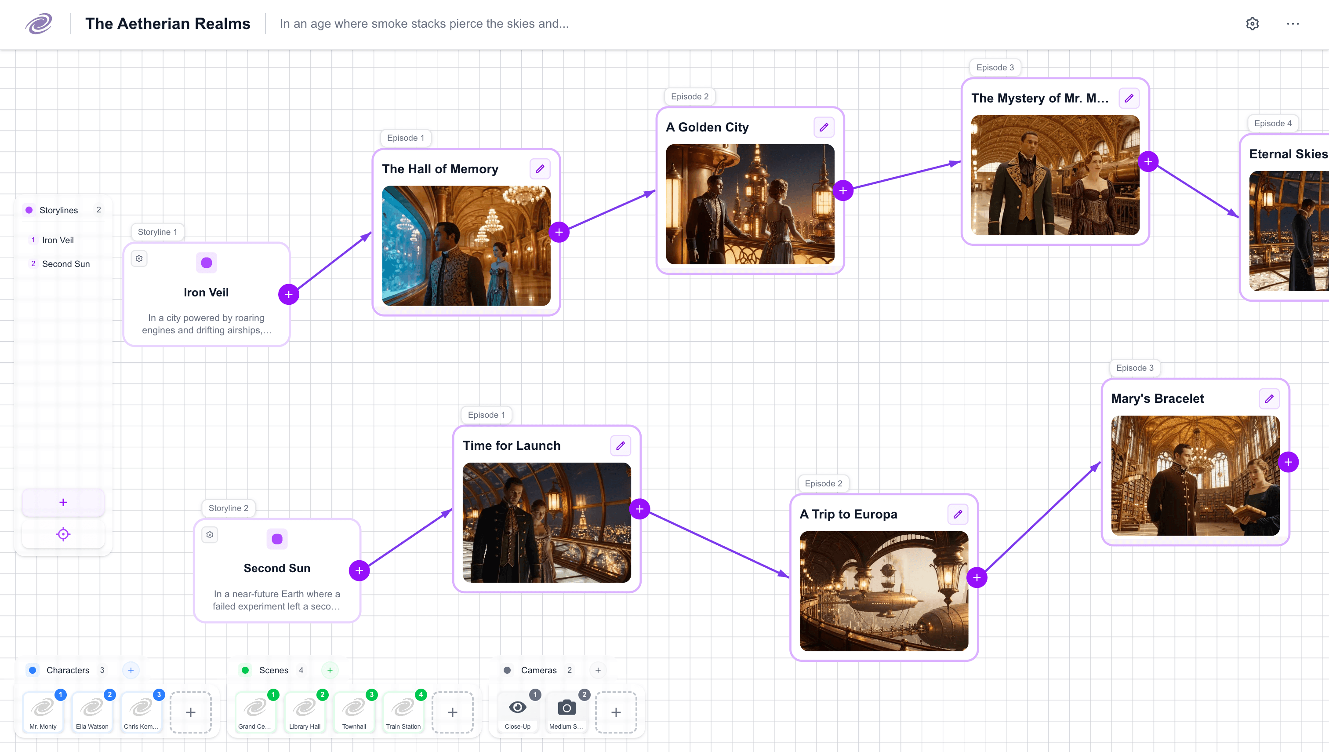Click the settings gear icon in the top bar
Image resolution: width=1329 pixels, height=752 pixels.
pos(1252,24)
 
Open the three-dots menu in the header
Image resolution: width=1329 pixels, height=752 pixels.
pos(1293,24)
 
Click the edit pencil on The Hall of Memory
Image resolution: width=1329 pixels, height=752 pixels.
pos(540,169)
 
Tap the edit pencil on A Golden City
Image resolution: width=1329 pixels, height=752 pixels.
pos(824,127)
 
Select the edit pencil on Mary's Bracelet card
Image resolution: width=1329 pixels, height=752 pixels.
pos(1269,399)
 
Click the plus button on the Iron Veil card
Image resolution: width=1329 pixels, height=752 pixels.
pos(288,294)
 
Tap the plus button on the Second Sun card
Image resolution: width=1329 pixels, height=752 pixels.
pos(359,571)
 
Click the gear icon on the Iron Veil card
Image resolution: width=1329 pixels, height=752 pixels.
pos(139,259)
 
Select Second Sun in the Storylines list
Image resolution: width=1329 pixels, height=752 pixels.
pos(65,264)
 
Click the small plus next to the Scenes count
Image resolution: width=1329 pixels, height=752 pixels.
pos(330,670)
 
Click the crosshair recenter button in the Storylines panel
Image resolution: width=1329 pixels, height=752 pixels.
pos(63,534)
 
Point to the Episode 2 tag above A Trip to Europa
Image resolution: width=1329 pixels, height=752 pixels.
pos(823,483)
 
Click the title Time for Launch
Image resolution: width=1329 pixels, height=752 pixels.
pos(512,446)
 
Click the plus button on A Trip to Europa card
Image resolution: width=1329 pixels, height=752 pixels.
pos(977,577)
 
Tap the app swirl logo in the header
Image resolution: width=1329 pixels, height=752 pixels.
pos(39,24)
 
